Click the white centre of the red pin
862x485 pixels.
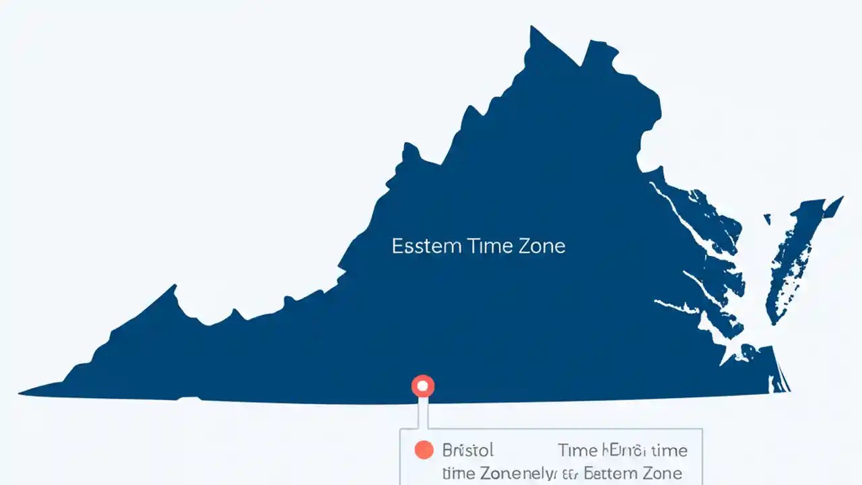423,386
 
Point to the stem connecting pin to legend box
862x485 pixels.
423,412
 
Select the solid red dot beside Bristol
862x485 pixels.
424,450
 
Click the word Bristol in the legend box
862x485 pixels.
468,450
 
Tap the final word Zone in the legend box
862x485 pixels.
663,473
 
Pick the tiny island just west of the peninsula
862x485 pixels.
767,219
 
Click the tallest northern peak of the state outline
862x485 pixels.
532,28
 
